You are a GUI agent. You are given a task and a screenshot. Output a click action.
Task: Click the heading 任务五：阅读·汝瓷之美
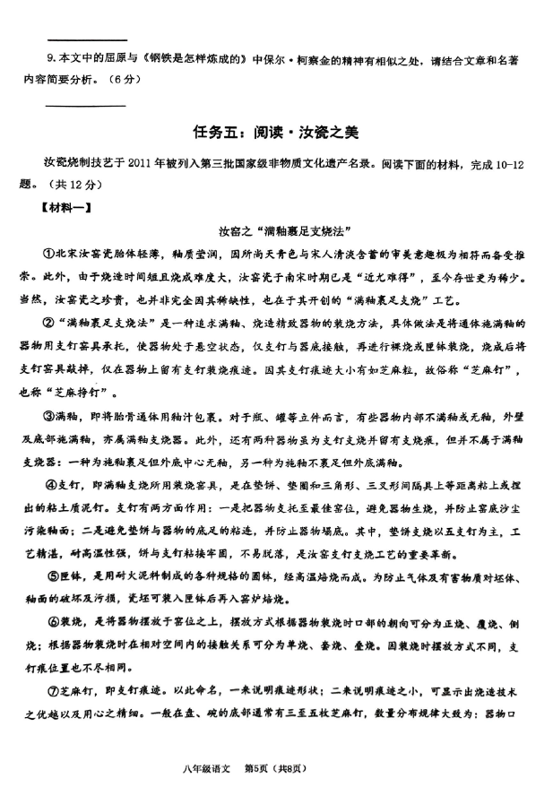(x=275, y=132)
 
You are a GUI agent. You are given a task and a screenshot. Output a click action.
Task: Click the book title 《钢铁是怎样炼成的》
(x=192, y=60)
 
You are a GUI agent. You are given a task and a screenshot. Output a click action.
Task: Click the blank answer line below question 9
(x=85, y=107)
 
